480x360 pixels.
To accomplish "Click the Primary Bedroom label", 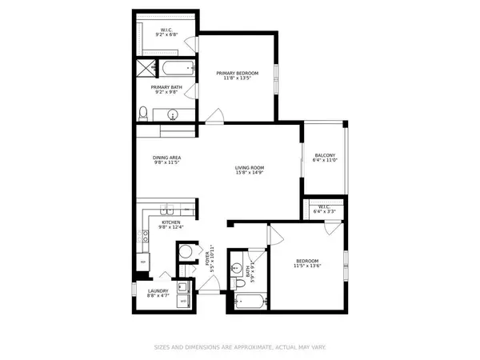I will tap(238, 74).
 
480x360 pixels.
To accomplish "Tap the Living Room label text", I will tap(249, 168).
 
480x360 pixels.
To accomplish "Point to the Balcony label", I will tap(324, 155).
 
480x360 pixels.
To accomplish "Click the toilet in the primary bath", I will tap(142, 111).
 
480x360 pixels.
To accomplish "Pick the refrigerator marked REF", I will tap(144, 262).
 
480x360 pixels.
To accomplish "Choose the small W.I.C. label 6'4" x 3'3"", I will tap(324, 211).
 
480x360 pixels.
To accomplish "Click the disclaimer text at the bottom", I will tap(239, 347).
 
